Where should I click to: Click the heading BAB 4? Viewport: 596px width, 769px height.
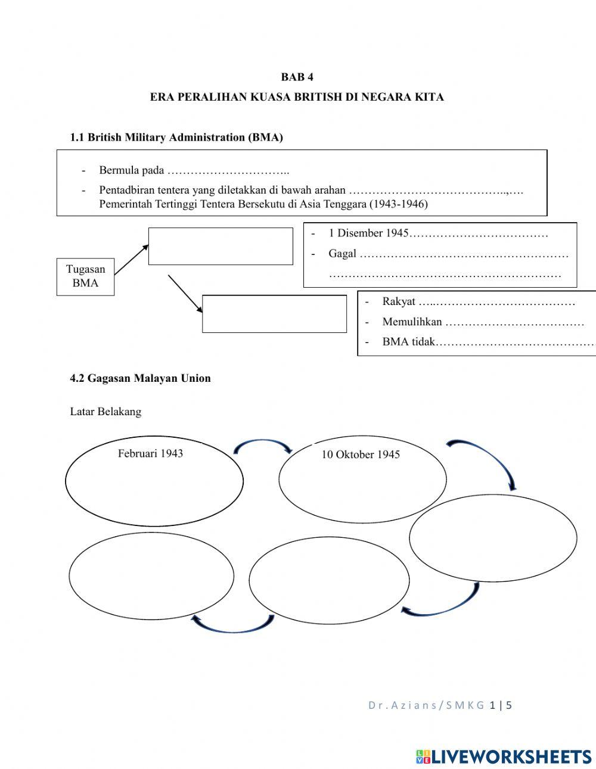(x=297, y=77)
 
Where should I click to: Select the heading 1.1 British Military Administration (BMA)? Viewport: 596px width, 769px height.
(x=176, y=138)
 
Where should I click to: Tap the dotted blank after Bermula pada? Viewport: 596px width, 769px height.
(x=228, y=171)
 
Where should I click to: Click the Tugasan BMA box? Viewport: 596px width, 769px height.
(x=85, y=276)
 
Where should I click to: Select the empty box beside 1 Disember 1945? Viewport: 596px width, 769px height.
(x=221, y=246)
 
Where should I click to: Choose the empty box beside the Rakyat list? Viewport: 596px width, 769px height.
(x=274, y=313)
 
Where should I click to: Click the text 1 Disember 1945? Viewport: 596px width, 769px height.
(x=368, y=233)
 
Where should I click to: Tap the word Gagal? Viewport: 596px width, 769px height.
(x=342, y=254)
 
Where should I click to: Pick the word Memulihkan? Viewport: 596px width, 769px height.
(x=412, y=322)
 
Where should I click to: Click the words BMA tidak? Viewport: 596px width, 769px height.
(x=408, y=343)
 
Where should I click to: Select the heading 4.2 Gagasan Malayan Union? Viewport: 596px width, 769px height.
(x=140, y=378)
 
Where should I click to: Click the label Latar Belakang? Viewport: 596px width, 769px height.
(x=105, y=412)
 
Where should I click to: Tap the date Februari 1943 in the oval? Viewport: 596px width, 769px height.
(x=150, y=453)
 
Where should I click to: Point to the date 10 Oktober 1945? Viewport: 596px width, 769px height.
(x=361, y=454)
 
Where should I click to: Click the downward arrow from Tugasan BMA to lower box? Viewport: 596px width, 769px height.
(x=185, y=293)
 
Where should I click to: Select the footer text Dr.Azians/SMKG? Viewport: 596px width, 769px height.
(x=426, y=705)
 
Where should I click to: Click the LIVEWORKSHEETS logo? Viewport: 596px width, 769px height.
(x=504, y=756)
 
